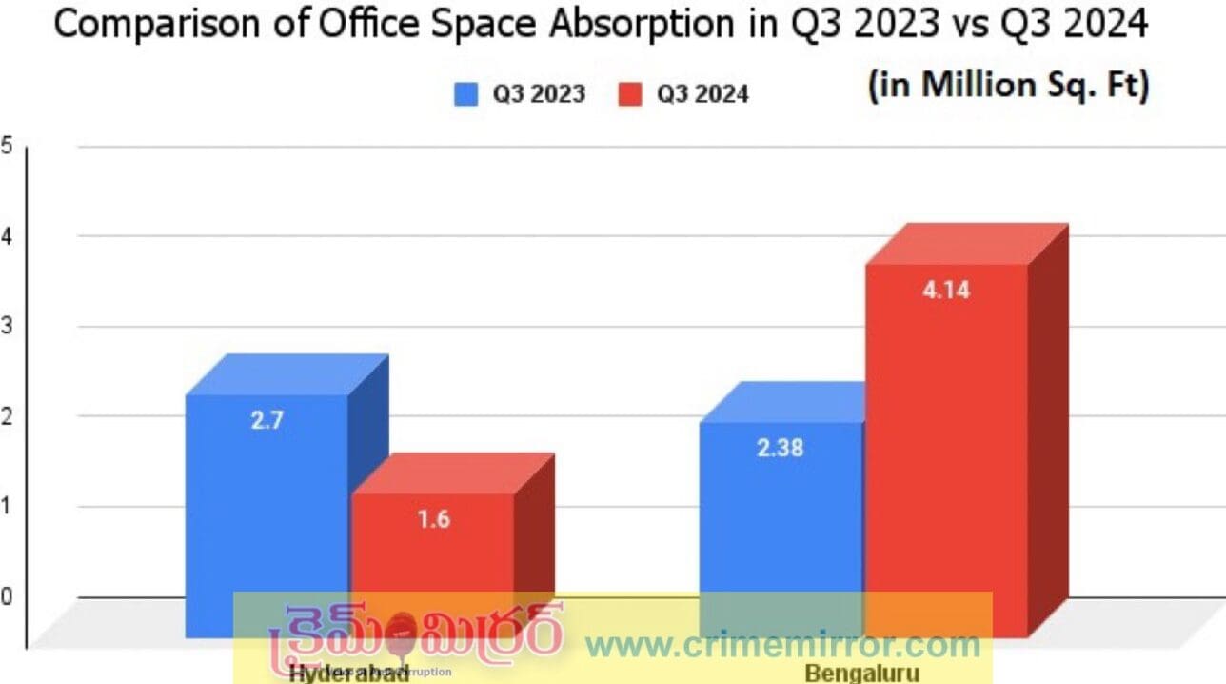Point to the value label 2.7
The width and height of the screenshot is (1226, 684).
pyautogui.click(x=267, y=420)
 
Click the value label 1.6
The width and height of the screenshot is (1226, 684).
pyautogui.click(x=433, y=519)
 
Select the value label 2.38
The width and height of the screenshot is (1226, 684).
pyautogui.click(x=781, y=447)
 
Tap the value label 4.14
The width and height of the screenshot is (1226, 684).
pyautogui.click(x=946, y=290)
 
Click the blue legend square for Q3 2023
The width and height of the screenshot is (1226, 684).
pyautogui.click(x=465, y=94)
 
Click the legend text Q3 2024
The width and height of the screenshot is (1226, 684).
pyautogui.click(x=702, y=94)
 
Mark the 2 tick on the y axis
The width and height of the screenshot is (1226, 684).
pyautogui.click(x=6, y=416)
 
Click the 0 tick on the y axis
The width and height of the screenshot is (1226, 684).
pyautogui.click(x=6, y=597)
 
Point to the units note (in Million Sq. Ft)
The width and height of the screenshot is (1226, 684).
pyautogui.click(x=1008, y=86)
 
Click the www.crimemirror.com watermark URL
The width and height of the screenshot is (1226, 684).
pyautogui.click(x=782, y=644)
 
